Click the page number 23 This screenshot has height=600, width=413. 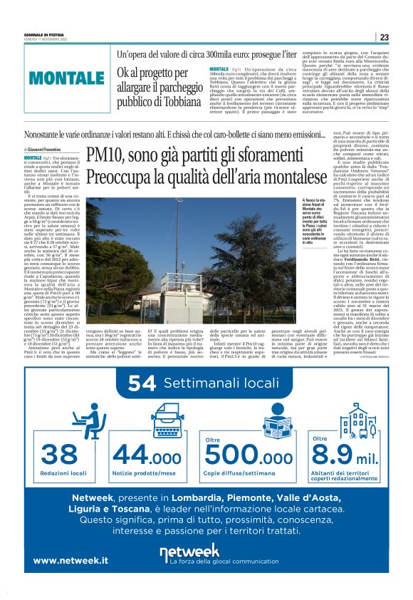click(x=384, y=37)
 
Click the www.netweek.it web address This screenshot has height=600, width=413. click(x=70, y=561)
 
